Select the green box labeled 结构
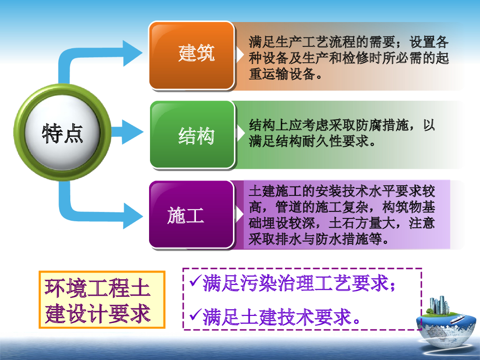(192, 135)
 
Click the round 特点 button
(62, 133)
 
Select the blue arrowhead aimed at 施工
(132, 215)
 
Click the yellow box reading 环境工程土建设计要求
(102, 300)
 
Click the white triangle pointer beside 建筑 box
(240, 55)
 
